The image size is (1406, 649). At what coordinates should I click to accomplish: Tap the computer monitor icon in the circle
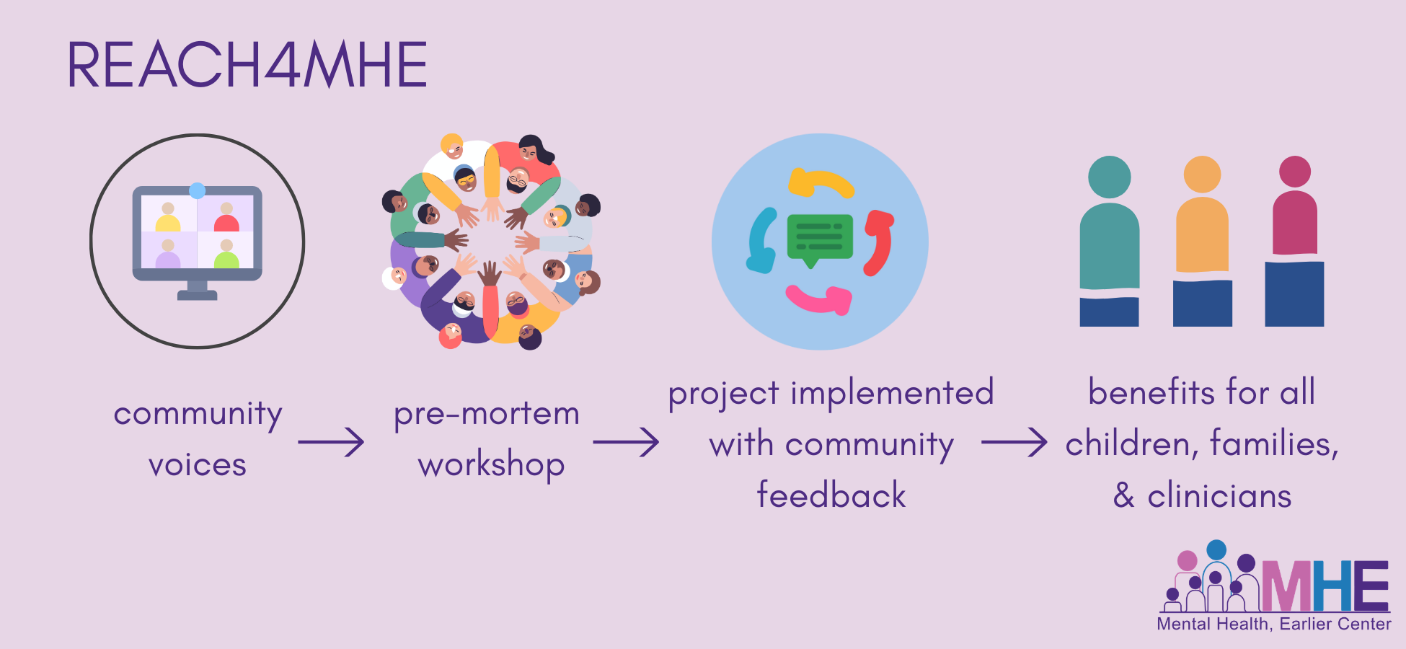(197, 242)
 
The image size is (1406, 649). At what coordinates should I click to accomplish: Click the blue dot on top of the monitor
(197, 190)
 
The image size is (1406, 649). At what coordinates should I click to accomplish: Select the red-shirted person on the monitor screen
(226, 217)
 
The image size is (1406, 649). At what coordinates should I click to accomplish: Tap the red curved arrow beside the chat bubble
(879, 242)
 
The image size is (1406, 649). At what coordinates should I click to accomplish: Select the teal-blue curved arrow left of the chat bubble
(762, 241)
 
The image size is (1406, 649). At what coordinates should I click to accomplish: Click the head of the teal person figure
(1109, 177)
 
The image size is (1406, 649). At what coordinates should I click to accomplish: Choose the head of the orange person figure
(1202, 175)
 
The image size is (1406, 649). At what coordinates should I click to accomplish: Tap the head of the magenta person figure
(1295, 172)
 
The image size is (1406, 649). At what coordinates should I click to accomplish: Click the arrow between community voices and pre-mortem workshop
(331, 442)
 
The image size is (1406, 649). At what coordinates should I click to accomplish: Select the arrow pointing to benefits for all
(1014, 442)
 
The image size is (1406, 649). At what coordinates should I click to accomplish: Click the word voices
(198, 465)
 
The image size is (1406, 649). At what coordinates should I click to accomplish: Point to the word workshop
(491, 465)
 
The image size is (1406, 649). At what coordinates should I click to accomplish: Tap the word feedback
(831, 495)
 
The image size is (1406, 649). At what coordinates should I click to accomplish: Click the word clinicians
(1219, 496)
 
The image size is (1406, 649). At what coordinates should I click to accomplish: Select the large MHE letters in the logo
(1325, 586)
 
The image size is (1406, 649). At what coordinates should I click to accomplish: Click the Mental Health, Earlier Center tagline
(1274, 624)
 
